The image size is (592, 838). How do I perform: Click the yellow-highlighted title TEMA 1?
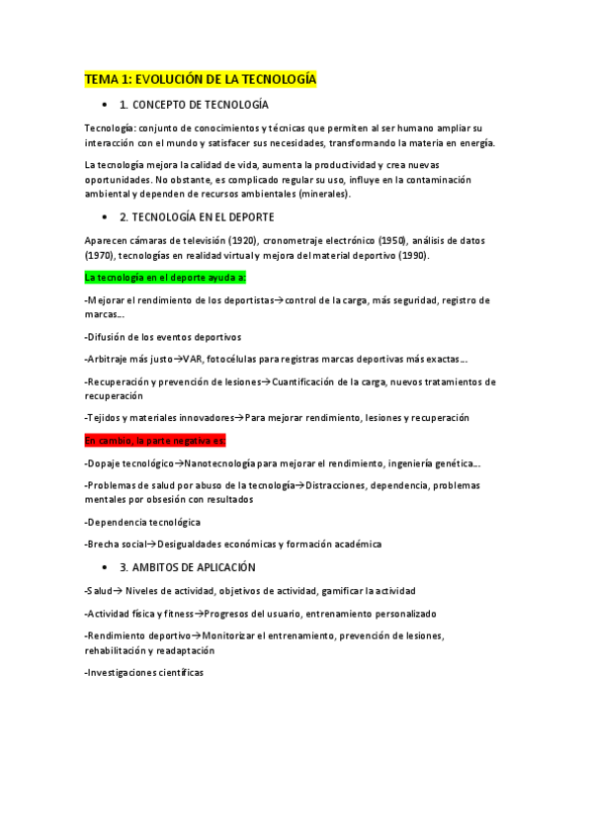coord(200,79)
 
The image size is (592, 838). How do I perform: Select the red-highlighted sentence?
coord(155,440)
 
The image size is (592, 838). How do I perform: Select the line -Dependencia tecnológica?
coord(142,521)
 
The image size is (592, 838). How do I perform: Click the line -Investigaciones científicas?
coord(144,672)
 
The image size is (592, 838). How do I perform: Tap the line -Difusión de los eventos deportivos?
coord(163,337)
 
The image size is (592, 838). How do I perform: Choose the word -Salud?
coord(99,591)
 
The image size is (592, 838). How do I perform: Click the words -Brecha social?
coord(117,544)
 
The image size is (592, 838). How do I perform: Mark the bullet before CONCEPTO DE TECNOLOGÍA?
coord(104,105)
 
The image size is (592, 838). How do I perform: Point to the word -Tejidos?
coord(104,417)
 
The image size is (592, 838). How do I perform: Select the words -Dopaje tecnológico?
coord(128,462)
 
